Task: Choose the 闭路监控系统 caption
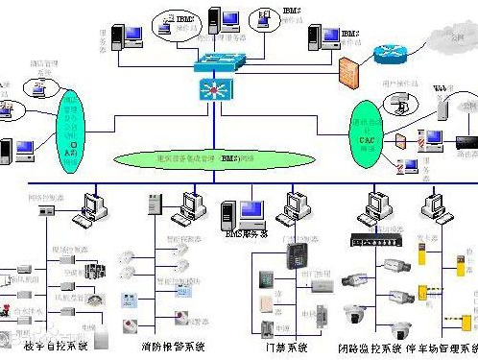tap(370, 347)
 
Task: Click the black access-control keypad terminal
tap(296, 254)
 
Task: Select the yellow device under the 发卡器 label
tap(423, 256)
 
